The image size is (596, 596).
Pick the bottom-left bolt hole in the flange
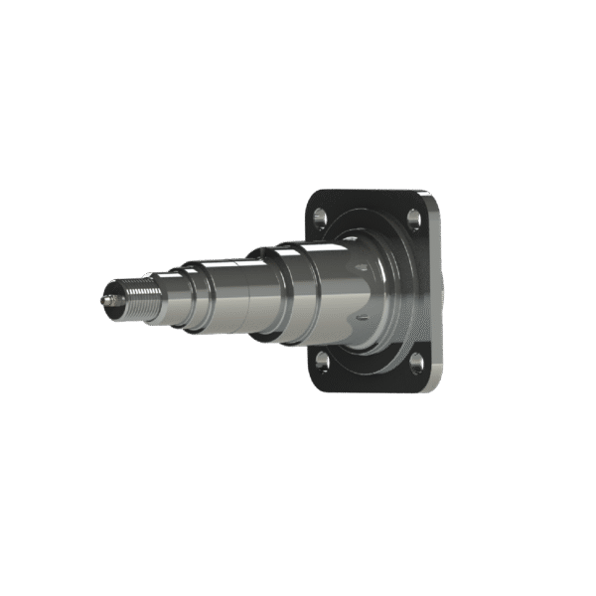click(x=321, y=361)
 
